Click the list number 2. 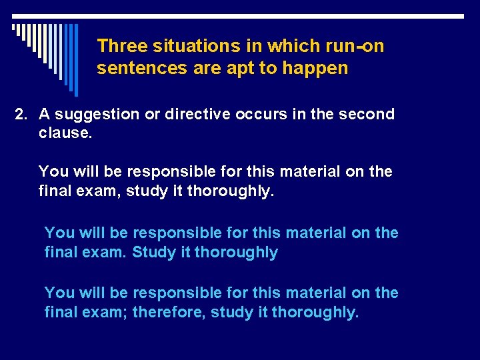point(22,114)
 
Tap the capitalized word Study point(151,252)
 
